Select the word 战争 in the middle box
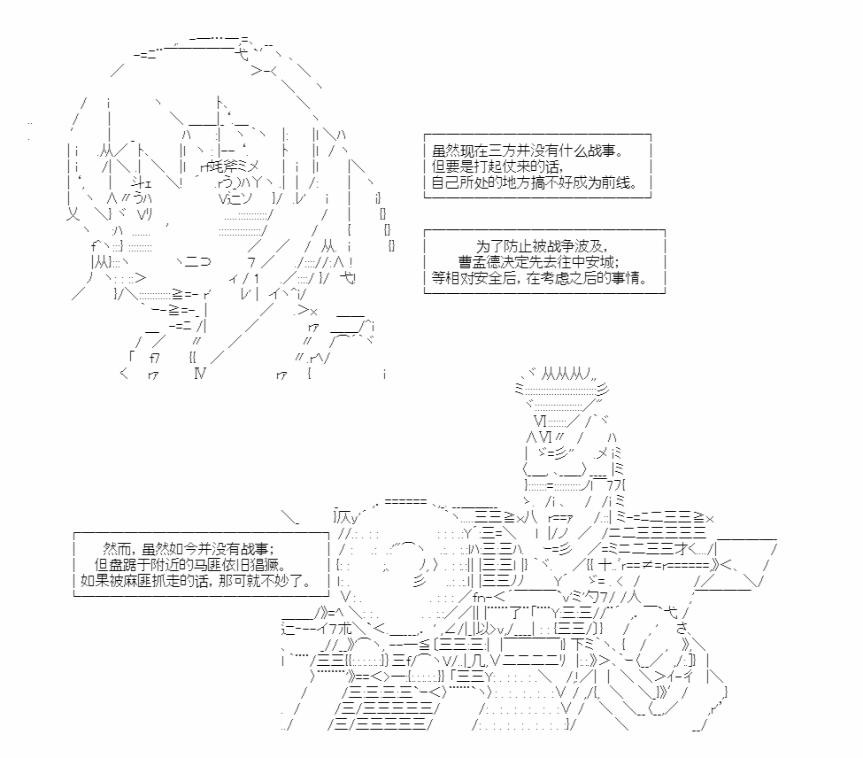[x=561, y=246]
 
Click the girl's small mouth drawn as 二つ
[x=197, y=261]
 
